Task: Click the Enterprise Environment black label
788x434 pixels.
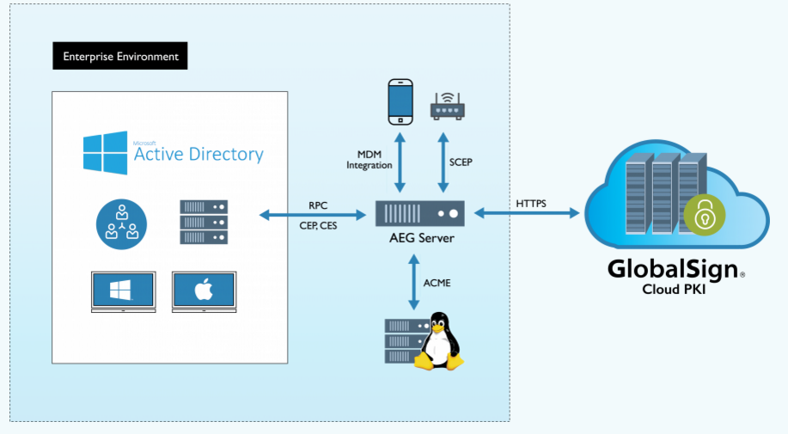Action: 120,57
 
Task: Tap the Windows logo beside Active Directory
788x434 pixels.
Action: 106,153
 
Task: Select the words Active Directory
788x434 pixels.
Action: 199,155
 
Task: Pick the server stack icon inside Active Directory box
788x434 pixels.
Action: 204,223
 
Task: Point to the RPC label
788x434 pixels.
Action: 318,205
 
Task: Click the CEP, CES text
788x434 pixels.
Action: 317,226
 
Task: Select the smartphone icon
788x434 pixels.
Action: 400,100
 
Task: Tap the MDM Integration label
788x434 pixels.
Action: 370,159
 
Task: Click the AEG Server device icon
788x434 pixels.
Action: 420,212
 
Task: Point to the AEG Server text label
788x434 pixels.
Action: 420,238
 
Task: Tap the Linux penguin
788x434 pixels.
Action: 440,341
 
